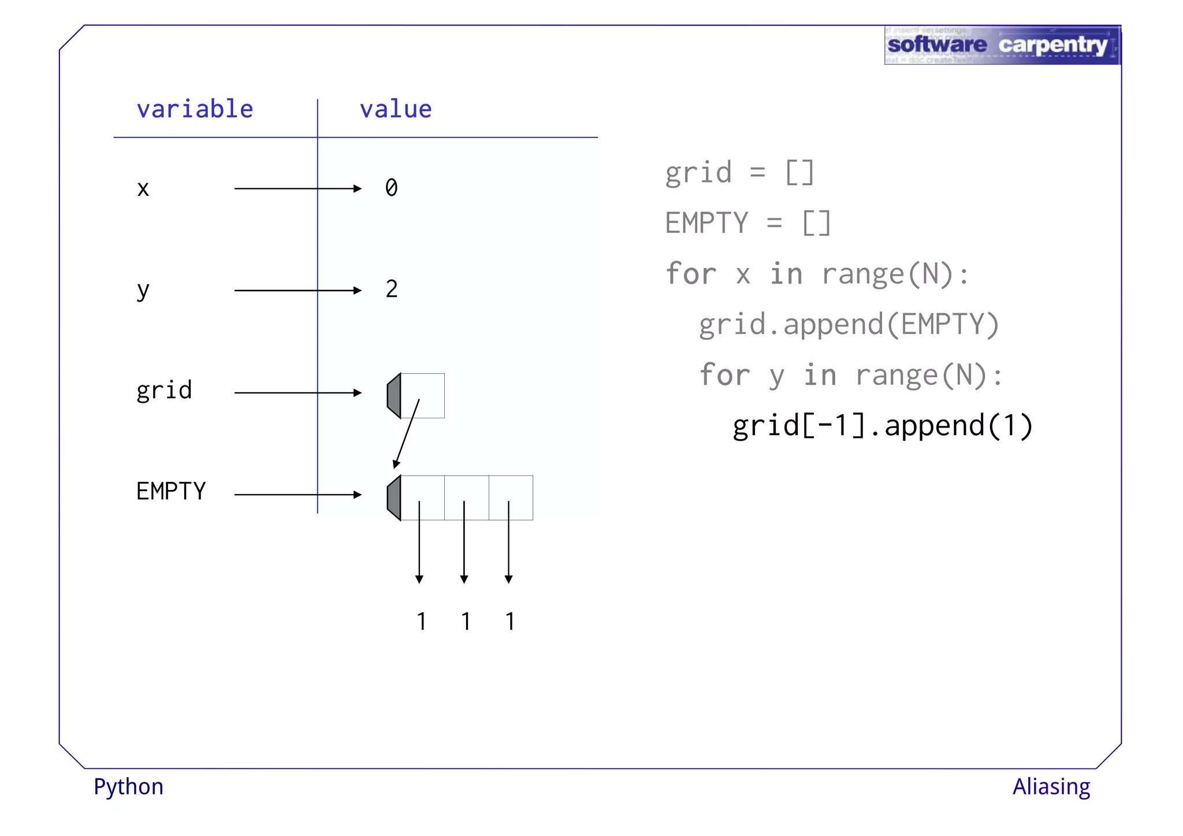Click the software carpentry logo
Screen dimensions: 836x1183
[1002, 45]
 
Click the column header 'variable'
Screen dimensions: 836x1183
[195, 109]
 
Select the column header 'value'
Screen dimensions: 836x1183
[396, 109]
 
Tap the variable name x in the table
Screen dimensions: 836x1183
[143, 189]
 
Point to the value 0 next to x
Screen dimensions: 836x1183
[392, 188]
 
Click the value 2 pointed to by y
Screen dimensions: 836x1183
[392, 289]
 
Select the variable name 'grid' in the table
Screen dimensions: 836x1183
[164, 391]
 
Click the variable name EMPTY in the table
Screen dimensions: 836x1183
[171, 492]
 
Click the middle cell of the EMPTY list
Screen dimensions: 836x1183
[467, 497]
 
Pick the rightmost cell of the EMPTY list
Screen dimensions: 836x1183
[511, 497]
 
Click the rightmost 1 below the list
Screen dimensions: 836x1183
[509, 622]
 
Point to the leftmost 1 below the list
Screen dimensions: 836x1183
[421, 622]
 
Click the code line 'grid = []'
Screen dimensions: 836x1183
[739, 173]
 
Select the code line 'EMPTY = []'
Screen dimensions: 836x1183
[747, 223]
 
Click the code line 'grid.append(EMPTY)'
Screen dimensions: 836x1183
[849, 325]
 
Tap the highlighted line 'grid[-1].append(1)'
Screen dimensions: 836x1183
[882, 426]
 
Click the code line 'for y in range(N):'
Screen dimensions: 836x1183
[851, 375]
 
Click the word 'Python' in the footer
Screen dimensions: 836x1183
[128, 787]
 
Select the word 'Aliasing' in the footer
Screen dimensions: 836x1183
[1051, 787]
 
